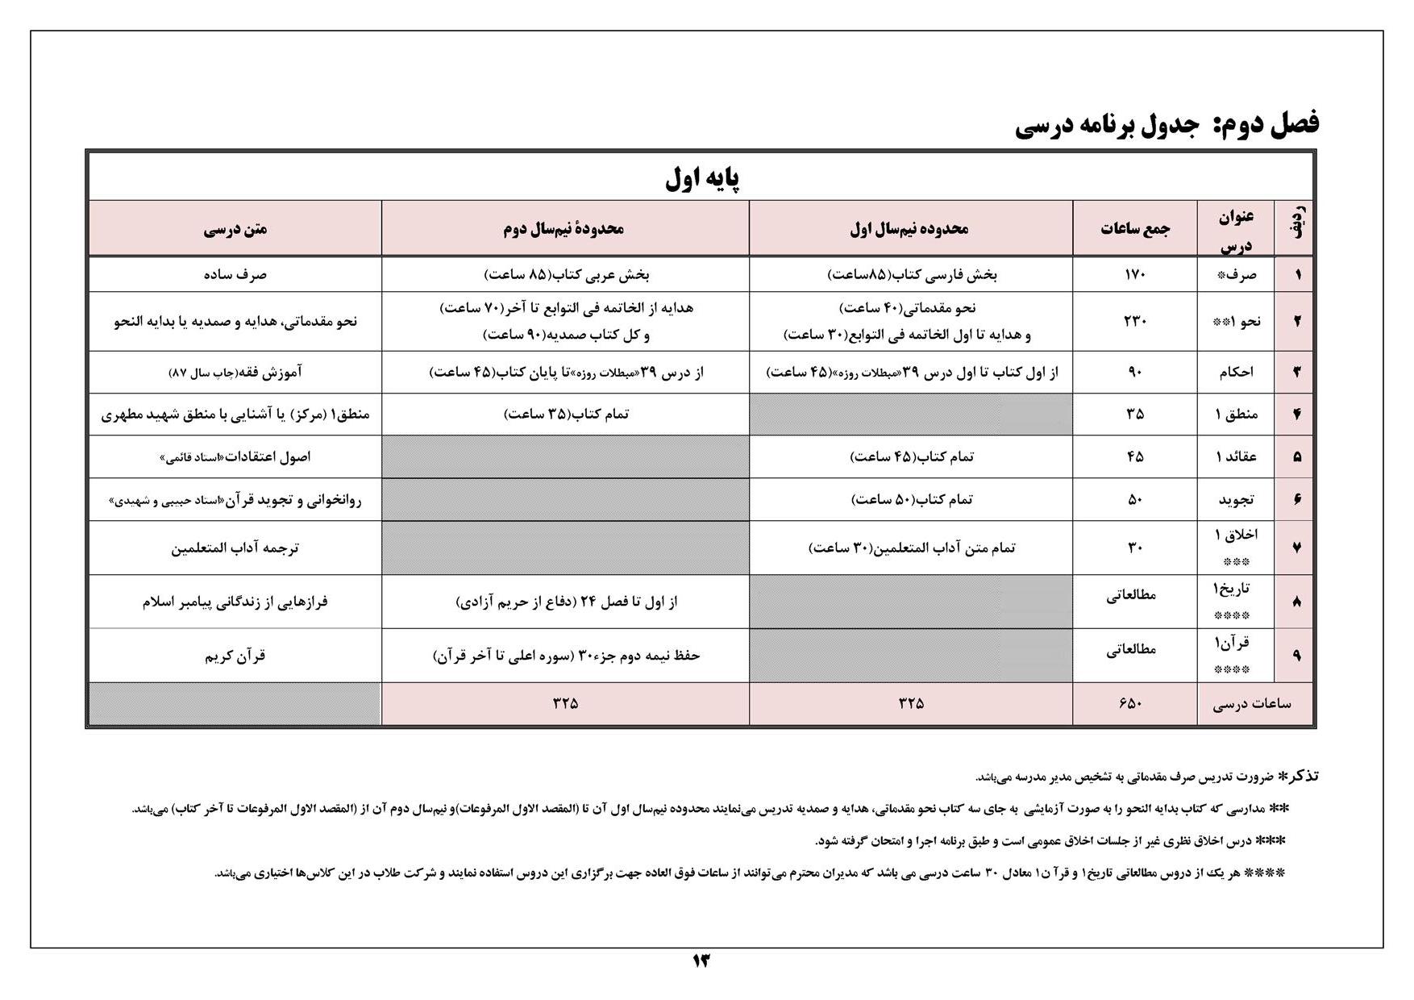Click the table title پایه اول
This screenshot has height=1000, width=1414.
pyautogui.click(x=702, y=177)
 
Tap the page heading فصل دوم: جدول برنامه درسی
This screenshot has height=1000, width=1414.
pyautogui.click(x=1167, y=125)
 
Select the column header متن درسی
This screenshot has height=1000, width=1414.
pyautogui.click(x=235, y=229)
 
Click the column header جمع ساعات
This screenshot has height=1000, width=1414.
pyautogui.click(x=1135, y=229)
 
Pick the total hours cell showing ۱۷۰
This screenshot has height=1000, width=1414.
pyautogui.click(x=1135, y=275)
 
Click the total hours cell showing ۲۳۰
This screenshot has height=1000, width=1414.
pyautogui.click(x=1135, y=321)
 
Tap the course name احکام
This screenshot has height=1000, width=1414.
pyautogui.click(x=1236, y=372)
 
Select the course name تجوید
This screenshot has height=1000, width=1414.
pyautogui.click(x=1237, y=499)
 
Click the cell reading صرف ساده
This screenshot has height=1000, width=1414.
pyautogui.click(x=235, y=275)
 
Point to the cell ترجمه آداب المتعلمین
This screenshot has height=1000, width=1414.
pyautogui.click(x=235, y=548)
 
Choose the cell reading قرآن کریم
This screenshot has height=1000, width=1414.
pyautogui.click(x=235, y=656)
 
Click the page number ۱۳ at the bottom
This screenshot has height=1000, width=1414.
pyautogui.click(x=701, y=960)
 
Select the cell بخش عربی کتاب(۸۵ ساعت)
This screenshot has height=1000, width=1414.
pyautogui.click(x=566, y=275)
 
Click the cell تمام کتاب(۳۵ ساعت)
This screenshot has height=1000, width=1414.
pyautogui.click(x=566, y=415)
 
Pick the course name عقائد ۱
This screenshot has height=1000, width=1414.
pyautogui.click(x=1236, y=457)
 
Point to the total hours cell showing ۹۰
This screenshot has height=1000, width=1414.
pyautogui.click(x=1135, y=372)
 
